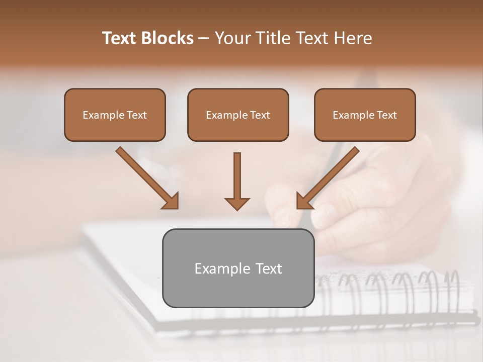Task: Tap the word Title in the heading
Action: [272, 38]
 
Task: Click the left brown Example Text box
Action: [115, 115]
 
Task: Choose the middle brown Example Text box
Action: [238, 115]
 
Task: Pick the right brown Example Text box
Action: [365, 115]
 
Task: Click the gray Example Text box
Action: [238, 268]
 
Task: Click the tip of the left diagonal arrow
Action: [177, 207]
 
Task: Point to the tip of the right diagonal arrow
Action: [298, 207]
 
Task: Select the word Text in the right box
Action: [387, 115]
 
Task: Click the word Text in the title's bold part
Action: [121, 38]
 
